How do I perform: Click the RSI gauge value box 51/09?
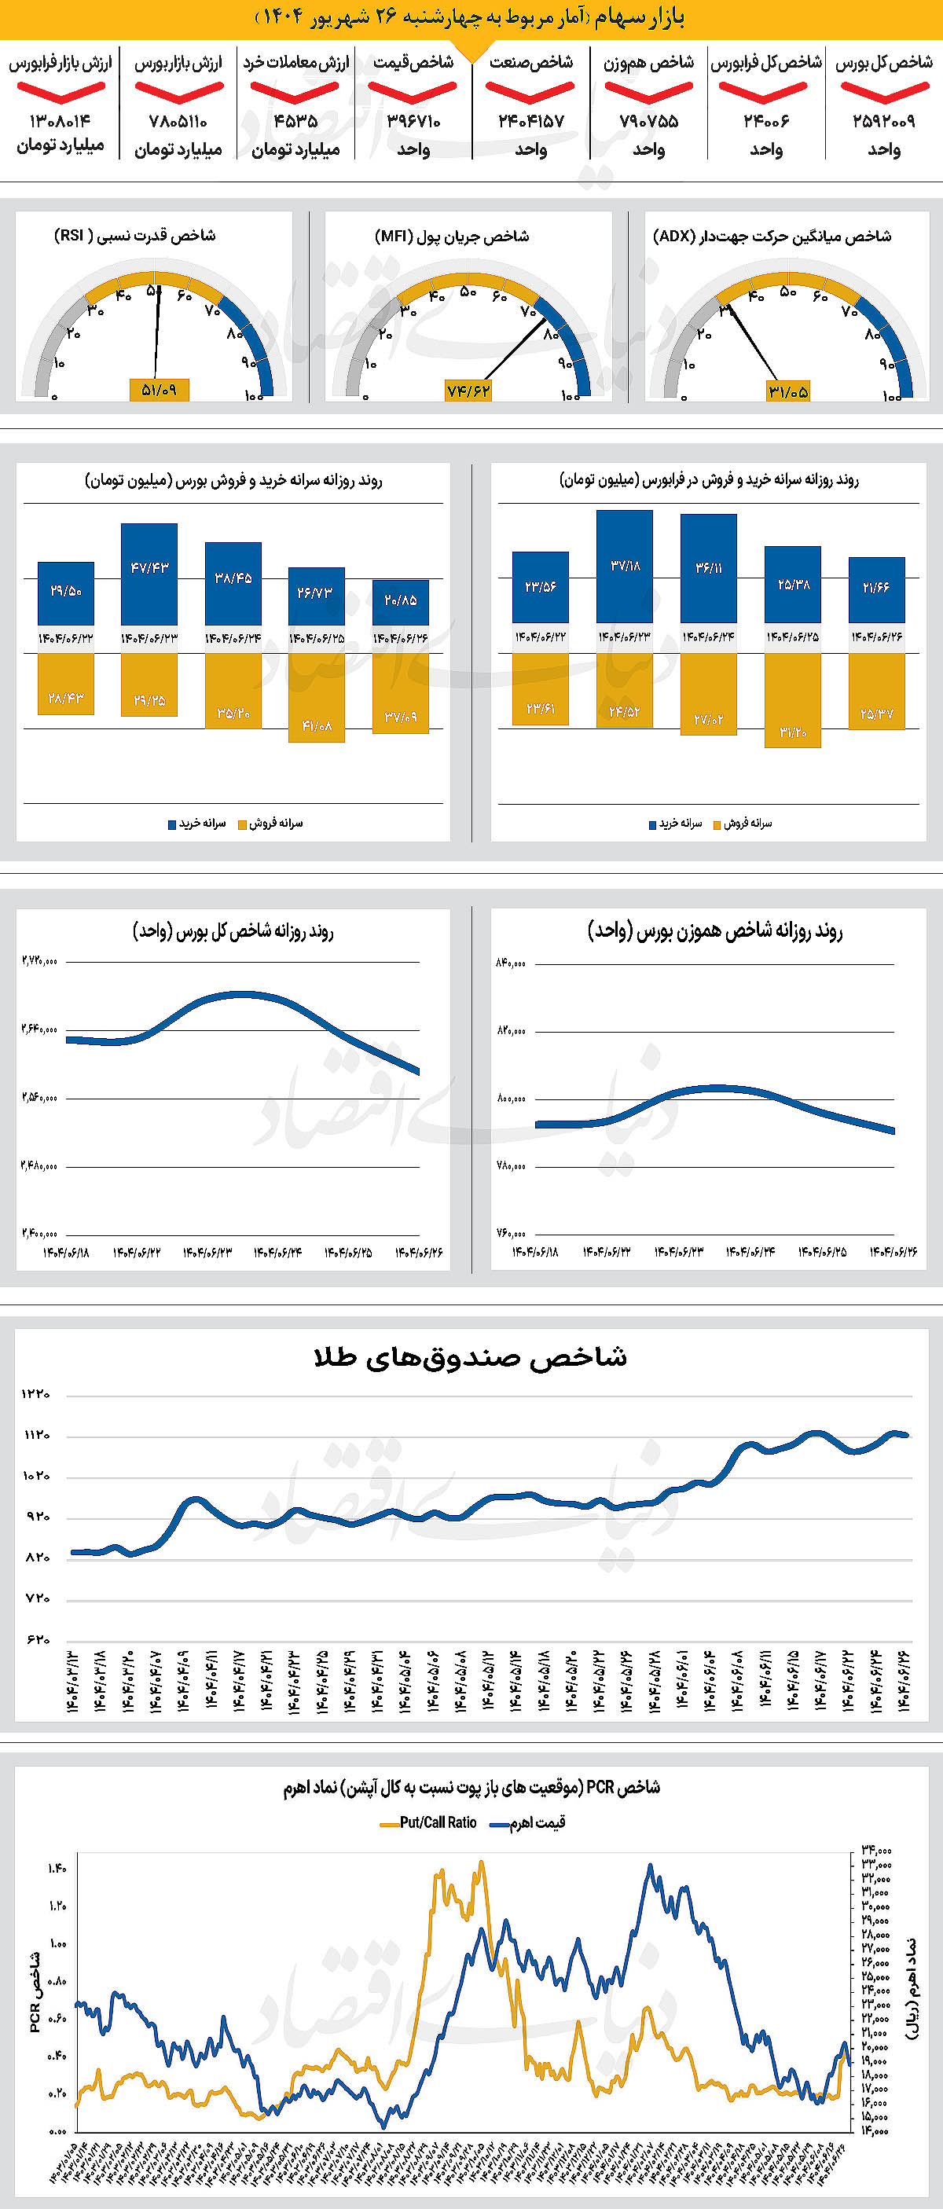pyautogui.click(x=160, y=391)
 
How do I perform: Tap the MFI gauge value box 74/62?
pyautogui.click(x=468, y=391)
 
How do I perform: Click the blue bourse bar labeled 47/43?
pyautogui.click(x=149, y=573)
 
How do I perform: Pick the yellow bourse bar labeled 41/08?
pyautogui.click(x=317, y=697)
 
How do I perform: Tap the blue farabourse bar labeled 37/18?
pyautogui.click(x=625, y=566)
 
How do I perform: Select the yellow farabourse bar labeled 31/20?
pyautogui.click(x=792, y=699)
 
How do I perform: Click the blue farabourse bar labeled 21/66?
pyautogui.click(x=876, y=589)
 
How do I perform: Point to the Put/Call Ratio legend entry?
pyautogui.click(x=428, y=1822)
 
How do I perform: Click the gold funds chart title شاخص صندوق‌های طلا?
pyautogui.click(x=471, y=1356)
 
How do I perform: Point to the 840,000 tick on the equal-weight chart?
pyautogui.click(x=511, y=963)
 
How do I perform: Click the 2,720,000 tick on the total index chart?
pyautogui.click(x=39, y=961)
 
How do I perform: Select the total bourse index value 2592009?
pyautogui.click(x=884, y=121)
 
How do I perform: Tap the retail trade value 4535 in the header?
pyautogui.click(x=295, y=121)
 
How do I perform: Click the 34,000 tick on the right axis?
pyautogui.click(x=875, y=1851)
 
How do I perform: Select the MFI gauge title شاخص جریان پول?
pyautogui.click(x=452, y=236)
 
